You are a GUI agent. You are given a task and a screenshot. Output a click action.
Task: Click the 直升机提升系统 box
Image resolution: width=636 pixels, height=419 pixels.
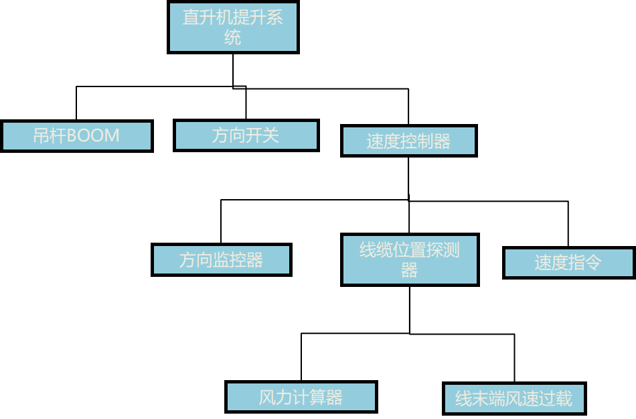pyautogui.click(x=233, y=27)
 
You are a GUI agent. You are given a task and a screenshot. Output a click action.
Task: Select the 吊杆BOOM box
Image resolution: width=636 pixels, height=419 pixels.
pyautogui.click(x=77, y=136)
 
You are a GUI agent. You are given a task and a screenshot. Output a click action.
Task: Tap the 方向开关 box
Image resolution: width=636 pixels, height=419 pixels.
pyautogui.click(x=246, y=135)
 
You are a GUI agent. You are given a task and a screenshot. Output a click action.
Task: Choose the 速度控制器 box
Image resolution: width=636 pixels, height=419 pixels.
pyautogui.click(x=408, y=141)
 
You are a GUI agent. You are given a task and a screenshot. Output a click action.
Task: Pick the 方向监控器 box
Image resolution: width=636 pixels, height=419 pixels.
pyautogui.click(x=221, y=259)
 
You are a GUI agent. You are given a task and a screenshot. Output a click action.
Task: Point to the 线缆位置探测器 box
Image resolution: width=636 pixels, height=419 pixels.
pyautogui.click(x=410, y=259)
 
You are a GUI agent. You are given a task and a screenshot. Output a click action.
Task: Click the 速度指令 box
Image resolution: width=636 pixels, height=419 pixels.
pyautogui.click(x=568, y=263)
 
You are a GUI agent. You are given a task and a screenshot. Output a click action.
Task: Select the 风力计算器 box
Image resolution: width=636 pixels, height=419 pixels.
pyautogui.click(x=301, y=397)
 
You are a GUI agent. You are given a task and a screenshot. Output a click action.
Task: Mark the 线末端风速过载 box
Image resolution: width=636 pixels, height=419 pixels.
pyautogui.click(x=514, y=398)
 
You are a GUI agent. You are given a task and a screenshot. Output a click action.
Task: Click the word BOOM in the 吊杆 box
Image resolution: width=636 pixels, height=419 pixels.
pyautogui.click(x=93, y=136)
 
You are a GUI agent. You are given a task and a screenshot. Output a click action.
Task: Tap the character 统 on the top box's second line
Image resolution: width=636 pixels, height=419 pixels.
pyautogui.click(x=233, y=37)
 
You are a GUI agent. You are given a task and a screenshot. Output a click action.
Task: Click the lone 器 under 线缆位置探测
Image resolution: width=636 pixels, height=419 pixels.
pyautogui.click(x=410, y=270)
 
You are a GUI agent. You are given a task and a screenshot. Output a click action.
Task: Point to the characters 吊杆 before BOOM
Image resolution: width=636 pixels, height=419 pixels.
pyautogui.click(x=50, y=136)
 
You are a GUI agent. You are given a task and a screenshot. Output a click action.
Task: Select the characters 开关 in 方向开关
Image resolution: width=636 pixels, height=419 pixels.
pyautogui.click(x=262, y=135)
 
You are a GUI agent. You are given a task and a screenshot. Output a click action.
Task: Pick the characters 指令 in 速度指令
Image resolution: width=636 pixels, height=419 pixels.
pyautogui.click(x=585, y=263)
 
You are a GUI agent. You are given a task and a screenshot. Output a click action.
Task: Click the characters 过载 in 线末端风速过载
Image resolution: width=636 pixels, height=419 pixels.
pyautogui.click(x=556, y=399)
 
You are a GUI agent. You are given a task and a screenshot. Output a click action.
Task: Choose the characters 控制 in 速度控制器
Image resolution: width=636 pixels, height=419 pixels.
pyautogui.click(x=416, y=141)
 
